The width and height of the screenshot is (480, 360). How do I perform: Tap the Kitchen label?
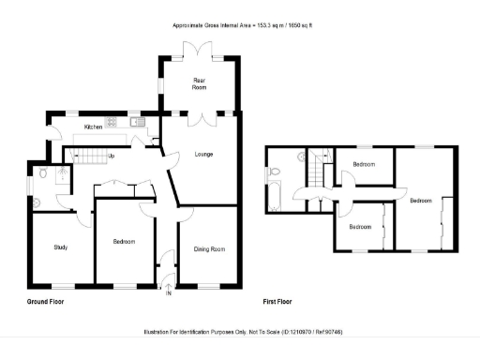point(93,127)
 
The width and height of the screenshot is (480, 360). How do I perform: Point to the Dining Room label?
point(209,248)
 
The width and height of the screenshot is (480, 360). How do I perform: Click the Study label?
point(59,247)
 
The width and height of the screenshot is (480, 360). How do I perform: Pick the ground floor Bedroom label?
point(124,241)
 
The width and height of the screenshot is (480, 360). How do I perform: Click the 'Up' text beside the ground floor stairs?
point(112,156)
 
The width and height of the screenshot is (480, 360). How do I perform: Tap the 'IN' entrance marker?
point(169,293)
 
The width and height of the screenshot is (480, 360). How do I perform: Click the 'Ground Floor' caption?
point(46,303)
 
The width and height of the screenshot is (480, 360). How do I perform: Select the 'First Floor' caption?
point(278,303)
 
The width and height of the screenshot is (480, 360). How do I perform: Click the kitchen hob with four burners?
point(112,121)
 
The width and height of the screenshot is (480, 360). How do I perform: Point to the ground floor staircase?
point(89,156)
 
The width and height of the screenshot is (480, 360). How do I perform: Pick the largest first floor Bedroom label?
point(420,200)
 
